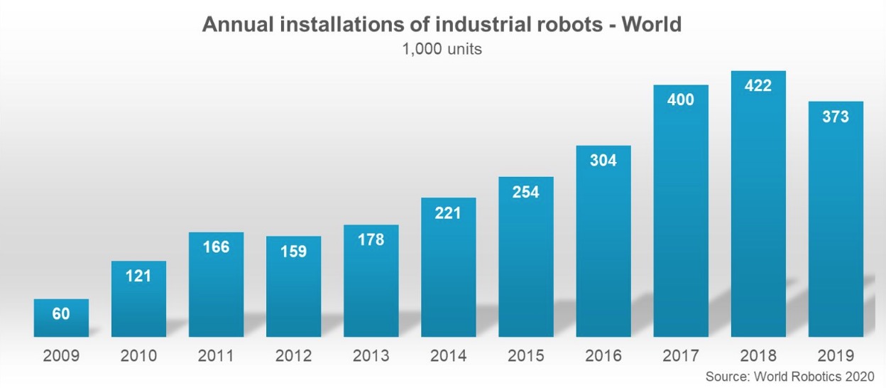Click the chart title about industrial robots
(442, 24)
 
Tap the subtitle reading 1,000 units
(442, 50)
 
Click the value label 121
(138, 276)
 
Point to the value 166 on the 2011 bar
(216, 247)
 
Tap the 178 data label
(371, 239)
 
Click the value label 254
(525, 192)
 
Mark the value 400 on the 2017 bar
(681, 99)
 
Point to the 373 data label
(836, 117)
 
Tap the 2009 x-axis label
(61, 355)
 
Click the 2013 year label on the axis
(371, 355)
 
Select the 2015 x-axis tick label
(525, 355)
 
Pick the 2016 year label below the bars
(603, 355)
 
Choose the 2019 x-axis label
(836, 355)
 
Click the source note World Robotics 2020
(789, 376)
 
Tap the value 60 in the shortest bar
(61, 313)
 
